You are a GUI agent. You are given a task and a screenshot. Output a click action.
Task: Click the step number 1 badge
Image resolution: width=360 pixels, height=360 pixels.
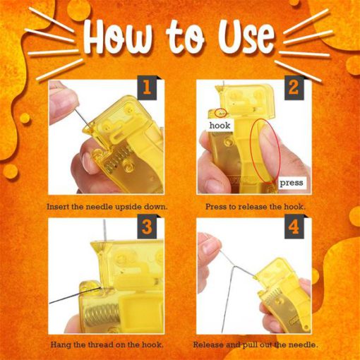(x=148, y=88)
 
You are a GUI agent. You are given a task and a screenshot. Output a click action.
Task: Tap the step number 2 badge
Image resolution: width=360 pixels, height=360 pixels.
(x=294, y=88)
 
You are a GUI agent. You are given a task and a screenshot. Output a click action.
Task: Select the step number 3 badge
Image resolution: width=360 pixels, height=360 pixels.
(x=148, y=227)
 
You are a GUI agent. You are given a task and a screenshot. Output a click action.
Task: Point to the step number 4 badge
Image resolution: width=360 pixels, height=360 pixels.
(x=294, y=227)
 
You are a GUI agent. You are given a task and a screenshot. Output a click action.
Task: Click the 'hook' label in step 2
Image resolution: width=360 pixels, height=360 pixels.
(x=220, y=126)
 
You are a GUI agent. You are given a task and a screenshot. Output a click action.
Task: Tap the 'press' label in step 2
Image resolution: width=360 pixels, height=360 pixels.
(x=292, y=183)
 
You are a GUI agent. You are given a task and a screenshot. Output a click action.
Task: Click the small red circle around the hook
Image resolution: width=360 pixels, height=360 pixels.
(x=220, y=113)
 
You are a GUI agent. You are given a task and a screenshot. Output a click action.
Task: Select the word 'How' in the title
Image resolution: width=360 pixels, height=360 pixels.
(x=119, y=36)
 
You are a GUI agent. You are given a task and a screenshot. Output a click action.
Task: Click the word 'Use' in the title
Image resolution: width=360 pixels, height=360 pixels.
(x=248, y=36)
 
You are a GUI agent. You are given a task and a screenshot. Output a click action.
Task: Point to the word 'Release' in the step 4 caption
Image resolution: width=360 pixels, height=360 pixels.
(x=208, y=345)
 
